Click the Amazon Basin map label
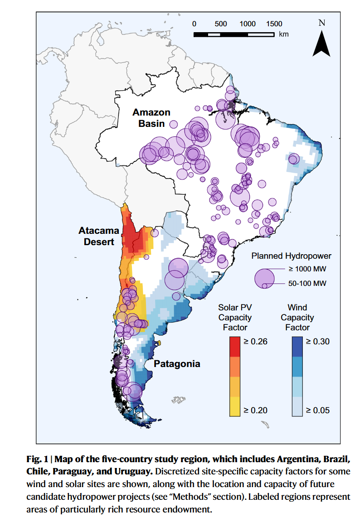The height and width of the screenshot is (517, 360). [151, 118]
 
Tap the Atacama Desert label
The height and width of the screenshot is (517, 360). [99, 236]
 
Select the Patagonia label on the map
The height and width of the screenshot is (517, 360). [177, 364]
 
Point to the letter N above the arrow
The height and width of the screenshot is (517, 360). [322, 23]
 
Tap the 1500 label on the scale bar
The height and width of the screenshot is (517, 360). [274, 24]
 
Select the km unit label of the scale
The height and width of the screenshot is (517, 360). [284, 34]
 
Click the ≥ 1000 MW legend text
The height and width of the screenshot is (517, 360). [307, 269]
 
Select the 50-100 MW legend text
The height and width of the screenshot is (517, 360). [308, 284]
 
